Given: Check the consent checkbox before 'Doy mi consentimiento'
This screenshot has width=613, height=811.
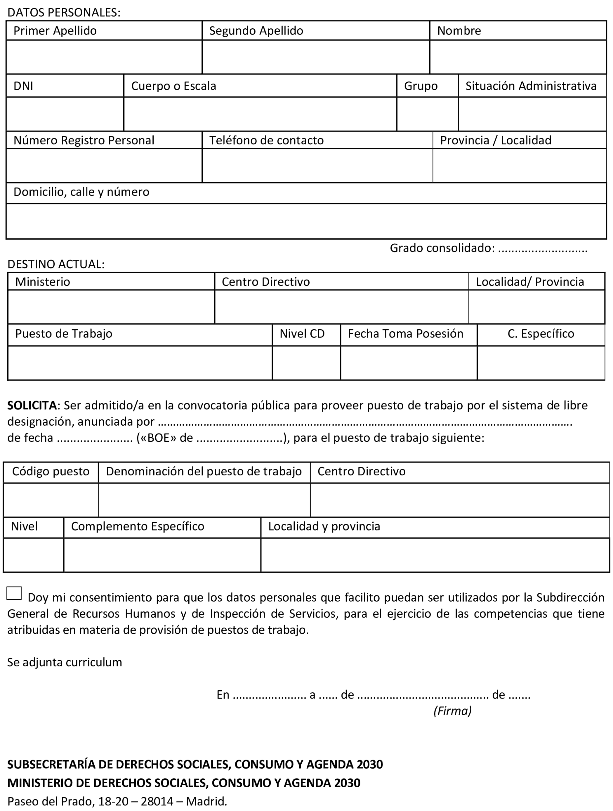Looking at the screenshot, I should pos(14,593).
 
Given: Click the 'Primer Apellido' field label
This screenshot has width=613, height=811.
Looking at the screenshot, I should pos(55,31).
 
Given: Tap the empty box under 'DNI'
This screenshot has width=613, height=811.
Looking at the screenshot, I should pos(65,114).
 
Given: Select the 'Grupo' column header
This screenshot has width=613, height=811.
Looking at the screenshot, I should pos(421,86).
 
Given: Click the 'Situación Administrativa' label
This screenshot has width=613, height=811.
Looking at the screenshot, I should pos(531,86).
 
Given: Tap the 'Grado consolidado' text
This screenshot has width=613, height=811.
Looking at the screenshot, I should pos(442,248).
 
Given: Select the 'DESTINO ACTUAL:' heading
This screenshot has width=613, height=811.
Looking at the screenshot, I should pos(56,264).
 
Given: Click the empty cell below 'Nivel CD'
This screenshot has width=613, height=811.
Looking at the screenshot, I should pos(306,363).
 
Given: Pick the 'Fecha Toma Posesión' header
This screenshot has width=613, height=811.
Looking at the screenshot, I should pos(405,334).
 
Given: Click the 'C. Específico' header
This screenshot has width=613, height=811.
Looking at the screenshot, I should pos(541,334).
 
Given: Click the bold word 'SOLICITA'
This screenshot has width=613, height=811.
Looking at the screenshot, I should pos(32,405).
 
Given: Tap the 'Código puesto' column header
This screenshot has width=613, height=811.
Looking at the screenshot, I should pos(51,472).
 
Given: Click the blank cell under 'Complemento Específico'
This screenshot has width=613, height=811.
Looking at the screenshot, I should pos(162,555).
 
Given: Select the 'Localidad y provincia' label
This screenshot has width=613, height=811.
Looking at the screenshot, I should pos(324,526).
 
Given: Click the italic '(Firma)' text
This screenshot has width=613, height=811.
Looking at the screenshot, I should pos(452,711).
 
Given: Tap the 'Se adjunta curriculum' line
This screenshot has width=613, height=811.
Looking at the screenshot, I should pos(65,662).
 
